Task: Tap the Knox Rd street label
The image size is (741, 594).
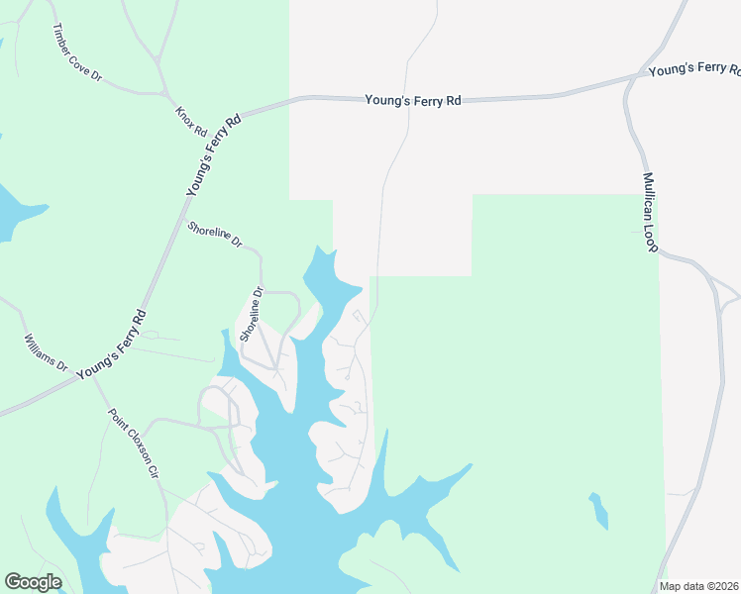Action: click(x=191, y=122)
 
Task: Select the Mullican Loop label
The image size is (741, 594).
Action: click(x=650, y=214)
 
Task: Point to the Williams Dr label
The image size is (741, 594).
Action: click(x=46, y=352)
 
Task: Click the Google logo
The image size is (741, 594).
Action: click(x=33, y=582)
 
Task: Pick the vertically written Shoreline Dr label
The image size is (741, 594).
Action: click(x=252, y=315)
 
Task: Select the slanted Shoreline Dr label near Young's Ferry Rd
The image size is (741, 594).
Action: click(x=215, y=235)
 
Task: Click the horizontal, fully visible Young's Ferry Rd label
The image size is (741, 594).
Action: click(x=413, y=100)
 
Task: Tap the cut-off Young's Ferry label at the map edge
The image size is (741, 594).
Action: click(x=693, y=70)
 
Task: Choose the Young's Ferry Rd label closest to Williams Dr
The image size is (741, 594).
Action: click(x=111, y=344)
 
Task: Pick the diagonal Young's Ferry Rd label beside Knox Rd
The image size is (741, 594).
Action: click(x=214, y=156)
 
